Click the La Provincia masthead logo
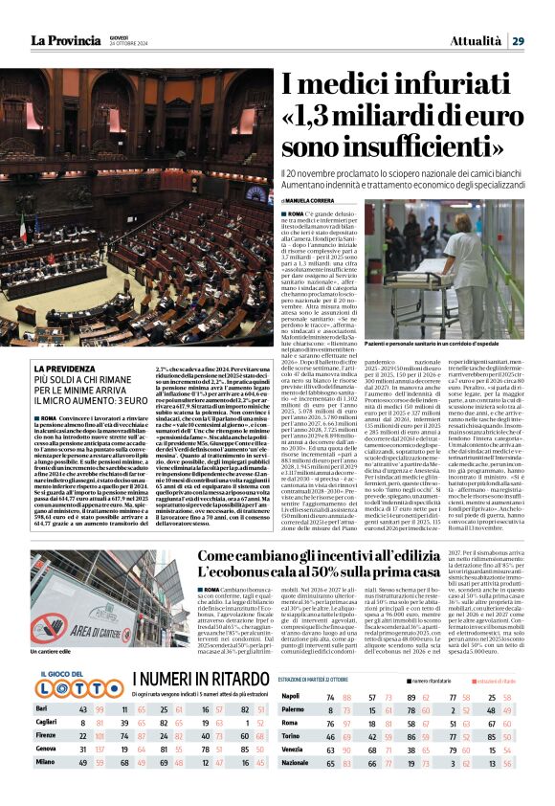tap(65, 40)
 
